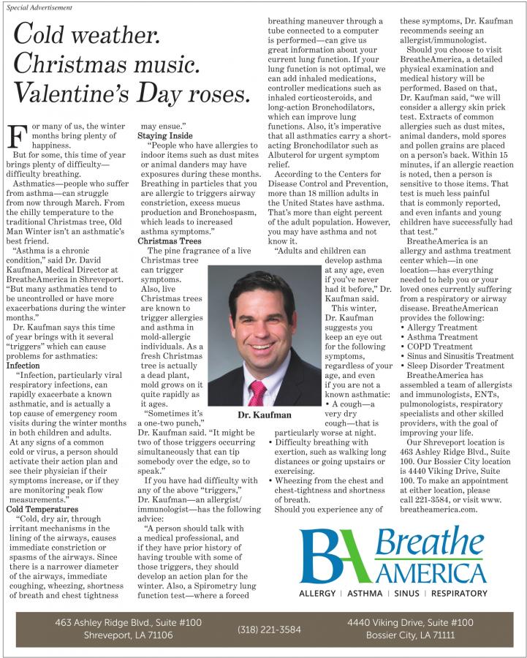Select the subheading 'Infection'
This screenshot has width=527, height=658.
(23, 364)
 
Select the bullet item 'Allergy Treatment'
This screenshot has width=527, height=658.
(441, 327)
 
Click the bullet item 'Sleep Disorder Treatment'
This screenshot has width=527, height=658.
(455, 365)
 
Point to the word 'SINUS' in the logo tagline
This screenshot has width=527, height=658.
(406, 594)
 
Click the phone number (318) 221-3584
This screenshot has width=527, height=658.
(269, 629)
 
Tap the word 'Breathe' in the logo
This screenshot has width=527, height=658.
(431, 542)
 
